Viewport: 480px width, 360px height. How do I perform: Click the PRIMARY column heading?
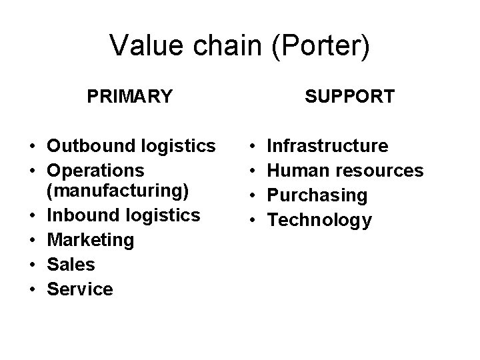point(130,97)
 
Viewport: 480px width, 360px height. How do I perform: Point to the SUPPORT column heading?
point(350,97)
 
